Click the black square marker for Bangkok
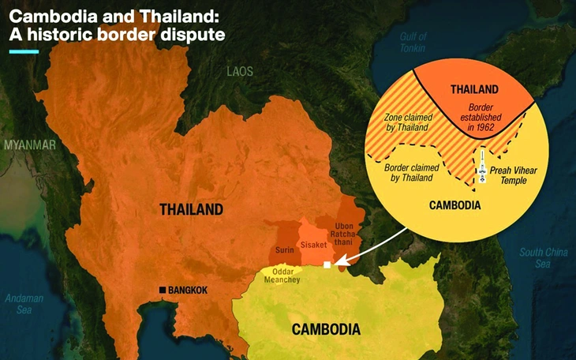(163, 291)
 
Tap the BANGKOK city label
(189, 291)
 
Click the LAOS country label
(240, 71)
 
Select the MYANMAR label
(29, 145)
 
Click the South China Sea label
(543, 258)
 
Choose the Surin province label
(284, 250)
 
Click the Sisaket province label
(314, 246)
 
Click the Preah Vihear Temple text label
(514, 174)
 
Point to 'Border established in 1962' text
(480, 117)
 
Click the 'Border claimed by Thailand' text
(410, 173)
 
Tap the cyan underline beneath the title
(23, 52)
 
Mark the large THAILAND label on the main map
(191, 209)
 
